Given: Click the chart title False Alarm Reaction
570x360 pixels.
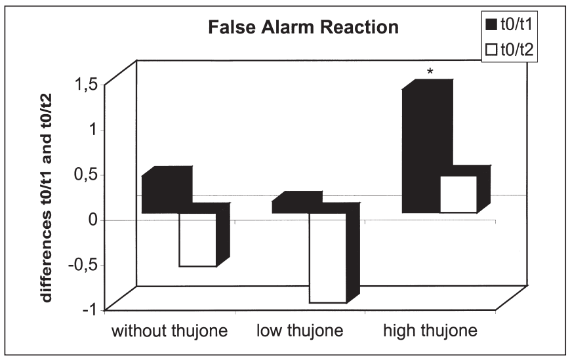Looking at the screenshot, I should (303, 28).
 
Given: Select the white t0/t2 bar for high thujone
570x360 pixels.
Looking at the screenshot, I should (458, 194).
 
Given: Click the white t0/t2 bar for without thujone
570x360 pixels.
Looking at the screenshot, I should (197, 239).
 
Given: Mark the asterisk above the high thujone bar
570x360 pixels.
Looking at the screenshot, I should (430, 69).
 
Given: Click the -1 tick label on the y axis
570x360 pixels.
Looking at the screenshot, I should (90, 309).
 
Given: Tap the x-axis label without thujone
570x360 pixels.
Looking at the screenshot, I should (170, 330).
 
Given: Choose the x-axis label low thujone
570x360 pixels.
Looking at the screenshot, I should (300, 330).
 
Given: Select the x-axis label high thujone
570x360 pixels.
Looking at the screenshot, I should (430, 330).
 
